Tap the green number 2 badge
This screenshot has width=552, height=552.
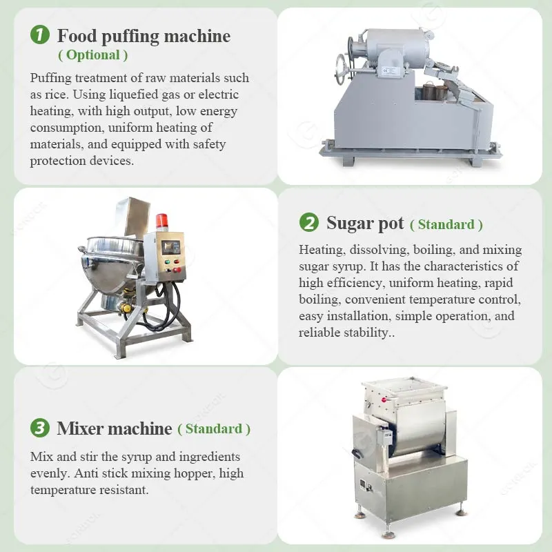(x=308, y=222)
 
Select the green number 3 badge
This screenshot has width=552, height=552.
(x=40, y=428)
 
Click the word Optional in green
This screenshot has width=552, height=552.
(x=93, y=55)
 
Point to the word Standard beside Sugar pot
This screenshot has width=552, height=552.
(x=446, y=225)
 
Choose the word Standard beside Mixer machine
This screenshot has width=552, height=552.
(x=214, y=428)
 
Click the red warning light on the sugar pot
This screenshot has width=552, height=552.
(x=161, y=221)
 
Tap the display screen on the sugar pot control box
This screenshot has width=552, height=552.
(x=170, y=248)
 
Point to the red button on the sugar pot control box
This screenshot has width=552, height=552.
(x=177, y=270)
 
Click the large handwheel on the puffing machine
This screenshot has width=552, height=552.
(x=340, y=70)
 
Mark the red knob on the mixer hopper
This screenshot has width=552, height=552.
(x=384, y=400)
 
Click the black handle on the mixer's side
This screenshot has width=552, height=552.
(x=357, y=454)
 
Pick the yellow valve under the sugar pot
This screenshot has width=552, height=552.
(x=126, y=308)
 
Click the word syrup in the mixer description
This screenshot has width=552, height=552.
(x=137, y=457)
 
